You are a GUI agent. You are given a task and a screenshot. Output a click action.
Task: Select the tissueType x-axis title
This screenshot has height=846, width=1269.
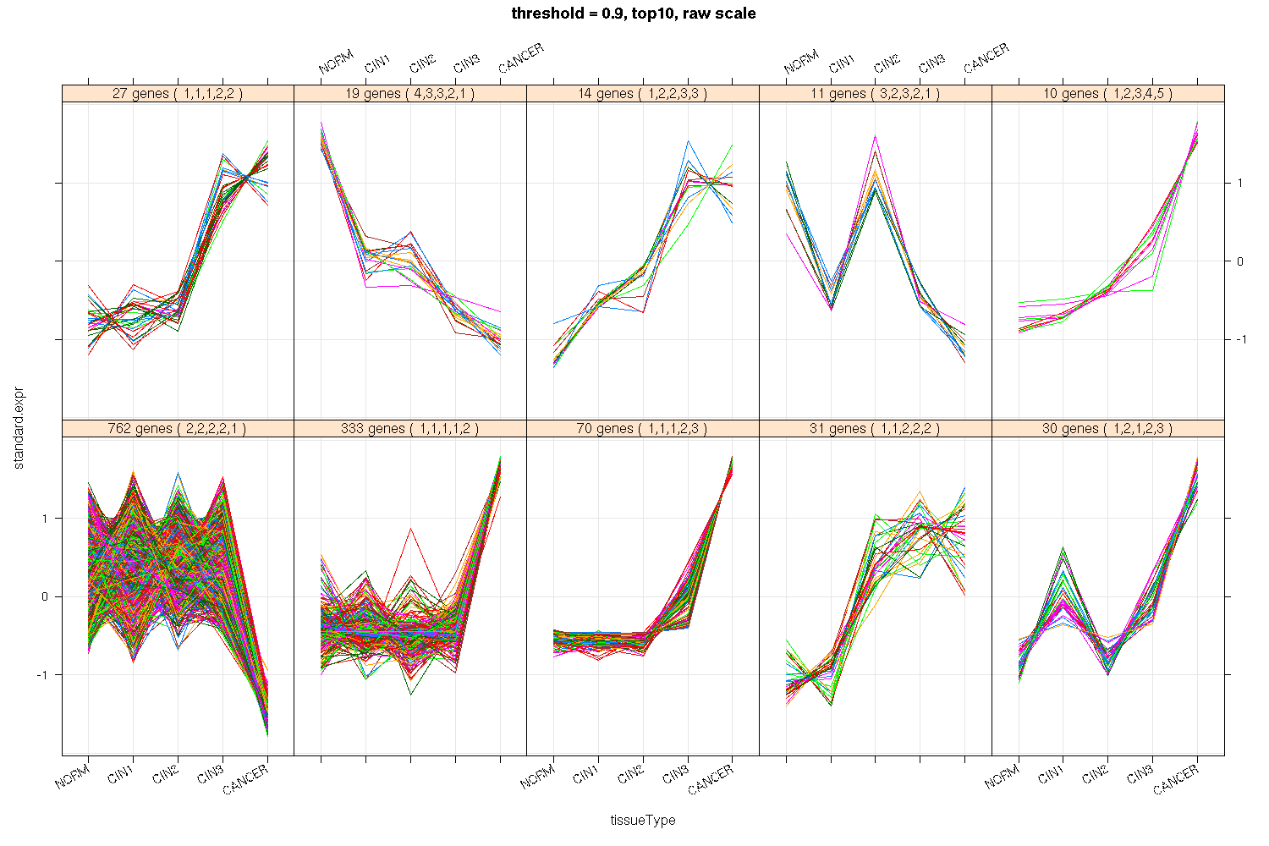[643, 820]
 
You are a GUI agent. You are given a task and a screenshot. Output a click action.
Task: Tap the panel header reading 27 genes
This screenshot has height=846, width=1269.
[178, 94]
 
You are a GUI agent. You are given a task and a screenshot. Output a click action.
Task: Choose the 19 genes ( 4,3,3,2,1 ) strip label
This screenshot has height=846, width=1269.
[410, 94]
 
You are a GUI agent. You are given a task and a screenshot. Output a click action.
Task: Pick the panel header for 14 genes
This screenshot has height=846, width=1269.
[643, 94]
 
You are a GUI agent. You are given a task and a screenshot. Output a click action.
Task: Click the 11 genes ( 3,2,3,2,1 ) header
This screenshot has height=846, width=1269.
[876, 94]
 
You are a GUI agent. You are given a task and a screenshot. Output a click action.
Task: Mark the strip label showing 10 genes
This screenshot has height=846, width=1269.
[1108, 94]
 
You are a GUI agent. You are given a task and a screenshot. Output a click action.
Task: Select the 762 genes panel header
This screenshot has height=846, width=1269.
[178, 429]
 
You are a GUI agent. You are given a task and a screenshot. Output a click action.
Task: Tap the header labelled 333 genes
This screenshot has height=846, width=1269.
[410, 429]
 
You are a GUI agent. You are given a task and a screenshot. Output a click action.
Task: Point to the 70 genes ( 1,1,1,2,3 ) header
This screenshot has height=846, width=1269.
[643, 429]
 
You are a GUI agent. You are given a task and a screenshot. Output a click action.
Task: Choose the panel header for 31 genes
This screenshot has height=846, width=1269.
[876, 429]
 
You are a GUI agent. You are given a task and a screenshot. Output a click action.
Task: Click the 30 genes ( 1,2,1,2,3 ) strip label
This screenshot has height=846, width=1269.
[1108, 429]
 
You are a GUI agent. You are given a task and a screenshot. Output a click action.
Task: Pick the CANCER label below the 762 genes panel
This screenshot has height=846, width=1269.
[246, 779]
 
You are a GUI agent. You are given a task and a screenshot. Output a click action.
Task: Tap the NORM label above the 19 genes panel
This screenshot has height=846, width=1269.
[336, 63]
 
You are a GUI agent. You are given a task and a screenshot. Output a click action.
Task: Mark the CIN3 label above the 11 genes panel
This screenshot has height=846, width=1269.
[932, 63]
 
